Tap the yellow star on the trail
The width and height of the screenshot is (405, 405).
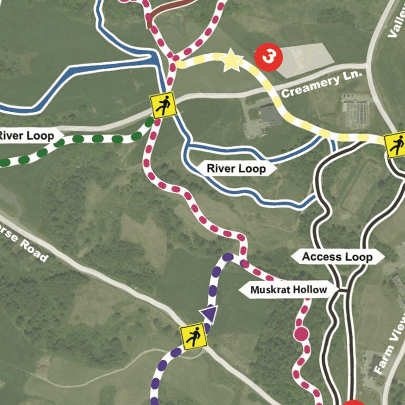click(230, 62)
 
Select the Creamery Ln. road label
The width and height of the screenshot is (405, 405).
click(322, 84)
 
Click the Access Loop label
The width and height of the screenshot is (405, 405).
click(337, 257)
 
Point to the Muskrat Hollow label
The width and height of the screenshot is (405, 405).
click(288, 290)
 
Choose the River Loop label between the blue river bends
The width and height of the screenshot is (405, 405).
click(237, 169)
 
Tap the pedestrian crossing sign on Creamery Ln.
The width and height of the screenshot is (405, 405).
click(163, 105)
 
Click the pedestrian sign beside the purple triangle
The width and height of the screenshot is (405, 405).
click(194, 337)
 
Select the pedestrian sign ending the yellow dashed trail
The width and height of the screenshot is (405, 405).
click(396, 146)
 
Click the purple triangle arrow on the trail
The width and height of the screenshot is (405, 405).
click(209, 313)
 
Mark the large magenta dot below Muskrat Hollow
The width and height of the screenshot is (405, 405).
click(301, 334)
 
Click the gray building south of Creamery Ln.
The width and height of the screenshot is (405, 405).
click(271, 114)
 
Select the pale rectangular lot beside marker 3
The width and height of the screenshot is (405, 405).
click(303, 57)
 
